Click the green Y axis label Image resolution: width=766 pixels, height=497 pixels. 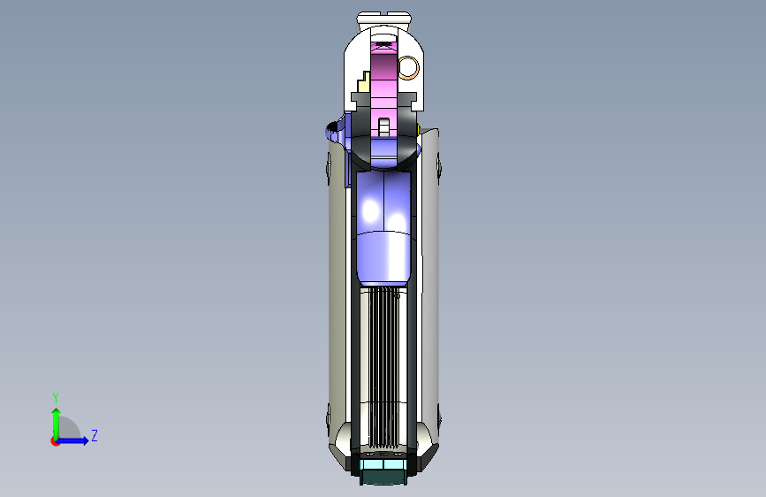tap(56, 398)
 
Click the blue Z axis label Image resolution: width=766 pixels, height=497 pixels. tap(95, 435)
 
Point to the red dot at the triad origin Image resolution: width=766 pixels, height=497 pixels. tap(55, 441)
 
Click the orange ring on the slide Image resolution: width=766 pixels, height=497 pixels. tap(409, 67)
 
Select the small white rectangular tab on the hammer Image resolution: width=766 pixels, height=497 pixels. tap(384, 126)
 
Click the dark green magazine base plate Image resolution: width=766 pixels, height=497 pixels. tap(383, 477)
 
